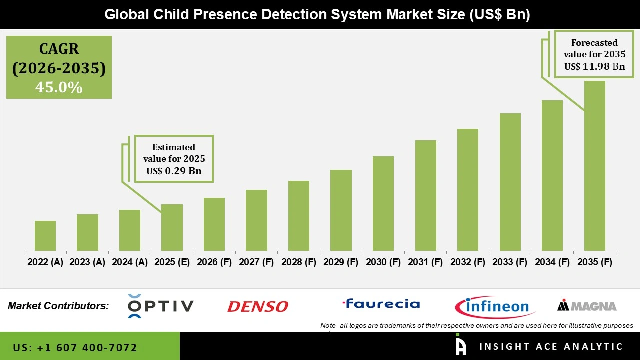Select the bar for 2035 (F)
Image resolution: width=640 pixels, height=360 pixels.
594,166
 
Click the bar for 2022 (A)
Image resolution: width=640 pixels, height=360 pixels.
45,236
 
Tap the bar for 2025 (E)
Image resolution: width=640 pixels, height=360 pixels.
172,227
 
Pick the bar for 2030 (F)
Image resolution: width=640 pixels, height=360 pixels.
383,203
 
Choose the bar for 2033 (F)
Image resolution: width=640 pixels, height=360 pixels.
510,182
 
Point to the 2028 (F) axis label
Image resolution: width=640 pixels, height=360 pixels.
299,262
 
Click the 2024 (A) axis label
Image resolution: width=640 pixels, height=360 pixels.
130,262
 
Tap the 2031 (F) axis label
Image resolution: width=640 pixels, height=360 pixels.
425,262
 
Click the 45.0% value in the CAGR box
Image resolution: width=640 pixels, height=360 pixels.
59,87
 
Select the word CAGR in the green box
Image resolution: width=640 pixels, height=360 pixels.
59,49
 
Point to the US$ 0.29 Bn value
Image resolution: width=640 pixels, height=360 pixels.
174,171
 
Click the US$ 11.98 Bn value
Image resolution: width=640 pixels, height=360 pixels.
595,66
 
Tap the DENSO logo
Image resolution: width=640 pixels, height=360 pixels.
258,306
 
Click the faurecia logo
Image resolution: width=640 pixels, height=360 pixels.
381,304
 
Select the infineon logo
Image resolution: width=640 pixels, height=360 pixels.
495,306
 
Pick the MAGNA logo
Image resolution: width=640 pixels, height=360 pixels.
587,306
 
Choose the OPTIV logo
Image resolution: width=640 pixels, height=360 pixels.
160,306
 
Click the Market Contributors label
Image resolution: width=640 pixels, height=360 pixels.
58,306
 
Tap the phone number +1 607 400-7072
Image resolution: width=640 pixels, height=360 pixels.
75,347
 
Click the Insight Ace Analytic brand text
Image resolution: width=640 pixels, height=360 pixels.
551,347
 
